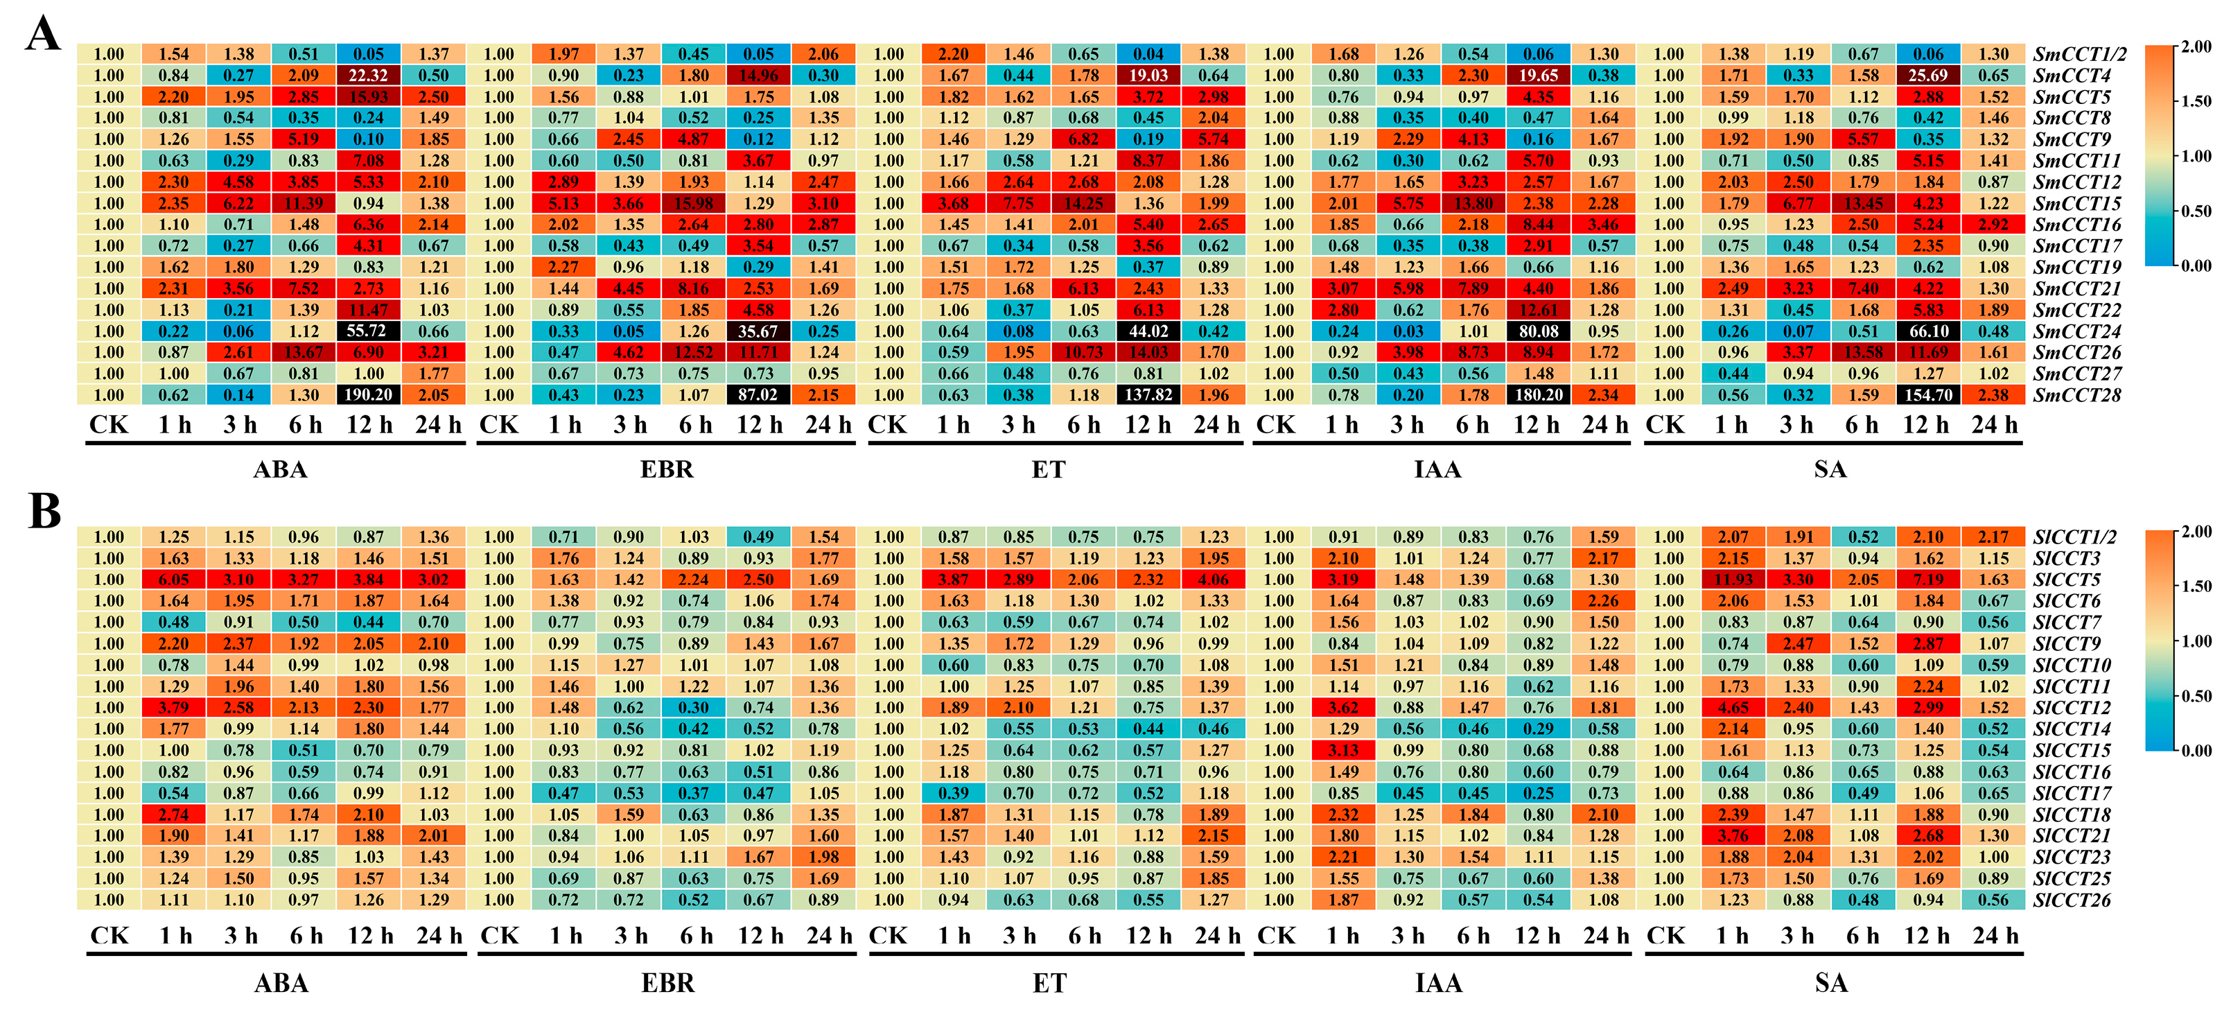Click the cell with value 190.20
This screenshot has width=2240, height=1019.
click(369, 394)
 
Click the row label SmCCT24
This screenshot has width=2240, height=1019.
click(2076, 331)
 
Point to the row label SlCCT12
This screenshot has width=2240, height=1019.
click(2072, 708)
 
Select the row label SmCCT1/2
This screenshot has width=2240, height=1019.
click(2079, 54)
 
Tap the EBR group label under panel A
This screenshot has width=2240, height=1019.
click(667, 469)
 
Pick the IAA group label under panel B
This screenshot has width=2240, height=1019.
click(1438, 984)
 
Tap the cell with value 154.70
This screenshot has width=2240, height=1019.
click(1928, 394)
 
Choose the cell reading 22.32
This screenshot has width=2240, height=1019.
click(369, 76)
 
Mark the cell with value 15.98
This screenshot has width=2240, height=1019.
click(694, 203)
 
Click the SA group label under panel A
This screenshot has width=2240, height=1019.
click(1830, 469)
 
